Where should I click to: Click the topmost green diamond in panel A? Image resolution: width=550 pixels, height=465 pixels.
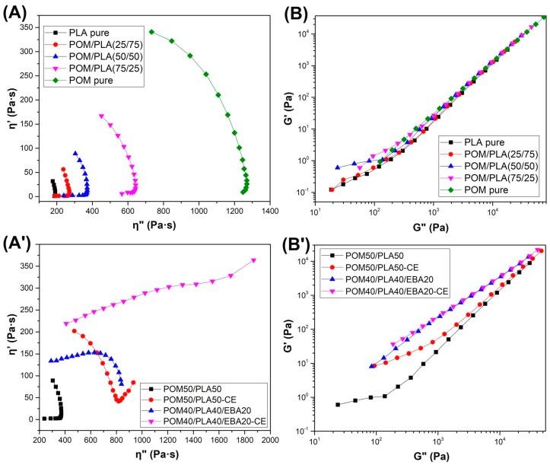(x=151, y=32)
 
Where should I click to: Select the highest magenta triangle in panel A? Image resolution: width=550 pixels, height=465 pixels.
(x=101, y=116)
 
